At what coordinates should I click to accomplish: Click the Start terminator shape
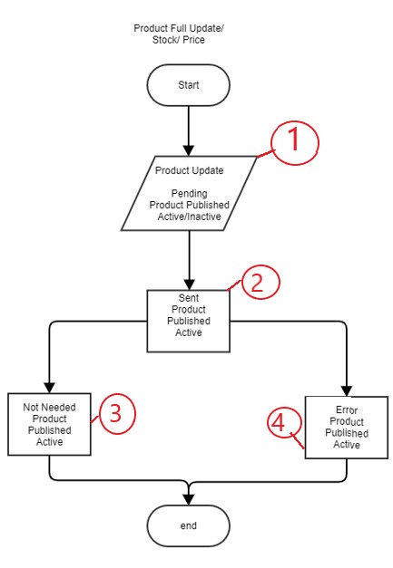(189, 85)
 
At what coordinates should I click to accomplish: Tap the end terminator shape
(189, 525)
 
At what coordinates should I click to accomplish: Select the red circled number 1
(295, 142)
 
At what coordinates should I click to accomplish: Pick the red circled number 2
(260, 283)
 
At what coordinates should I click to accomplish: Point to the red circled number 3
(117, 413)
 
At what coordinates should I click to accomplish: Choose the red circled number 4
(285, 423)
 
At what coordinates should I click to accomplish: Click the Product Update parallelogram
(189, 194)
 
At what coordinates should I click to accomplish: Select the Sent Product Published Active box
(189, 321)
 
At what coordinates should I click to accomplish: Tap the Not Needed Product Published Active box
(49, 424)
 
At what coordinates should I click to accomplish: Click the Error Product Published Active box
(347, 428)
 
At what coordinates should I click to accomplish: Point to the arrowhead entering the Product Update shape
(189, 150)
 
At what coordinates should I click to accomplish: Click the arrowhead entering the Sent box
(189, 284)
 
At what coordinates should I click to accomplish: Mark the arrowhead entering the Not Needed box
(49, 388)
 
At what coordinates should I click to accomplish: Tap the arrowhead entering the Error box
(347, 390)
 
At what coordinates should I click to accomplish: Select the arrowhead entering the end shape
(189, 499)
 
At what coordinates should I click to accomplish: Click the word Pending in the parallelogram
(189, 194)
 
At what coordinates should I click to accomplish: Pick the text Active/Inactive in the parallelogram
(189, 217)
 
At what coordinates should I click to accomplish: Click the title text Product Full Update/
(179, 28)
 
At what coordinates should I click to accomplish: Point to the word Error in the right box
(347, 409)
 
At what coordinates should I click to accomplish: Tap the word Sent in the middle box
(189, 298)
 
